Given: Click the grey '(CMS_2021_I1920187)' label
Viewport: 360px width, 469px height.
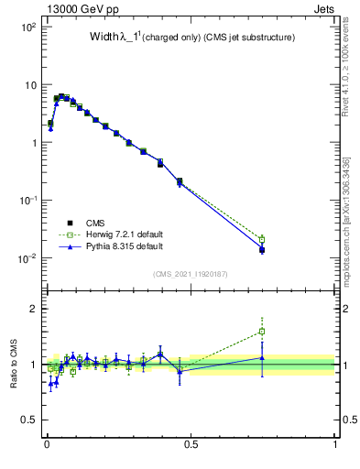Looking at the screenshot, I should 191,274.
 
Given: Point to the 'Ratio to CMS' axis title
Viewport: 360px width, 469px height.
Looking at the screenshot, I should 15,365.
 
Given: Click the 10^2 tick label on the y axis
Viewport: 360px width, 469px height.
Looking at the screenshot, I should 27,27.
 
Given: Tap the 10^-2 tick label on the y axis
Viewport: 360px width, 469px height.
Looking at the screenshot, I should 27,258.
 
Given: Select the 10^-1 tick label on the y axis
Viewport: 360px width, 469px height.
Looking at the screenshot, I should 27,201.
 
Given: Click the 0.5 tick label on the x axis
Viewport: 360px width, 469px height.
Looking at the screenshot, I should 191,446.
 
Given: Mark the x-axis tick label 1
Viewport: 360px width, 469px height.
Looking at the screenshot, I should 334,446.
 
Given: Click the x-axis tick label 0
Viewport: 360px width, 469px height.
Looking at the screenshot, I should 47,446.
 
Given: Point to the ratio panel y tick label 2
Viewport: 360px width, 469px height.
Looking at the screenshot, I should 33,309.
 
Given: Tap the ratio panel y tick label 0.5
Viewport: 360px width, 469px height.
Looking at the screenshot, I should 28,420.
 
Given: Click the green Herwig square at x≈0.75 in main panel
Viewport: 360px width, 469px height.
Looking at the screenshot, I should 262,239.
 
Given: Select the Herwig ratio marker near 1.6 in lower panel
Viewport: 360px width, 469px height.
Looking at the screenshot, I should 262,332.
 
